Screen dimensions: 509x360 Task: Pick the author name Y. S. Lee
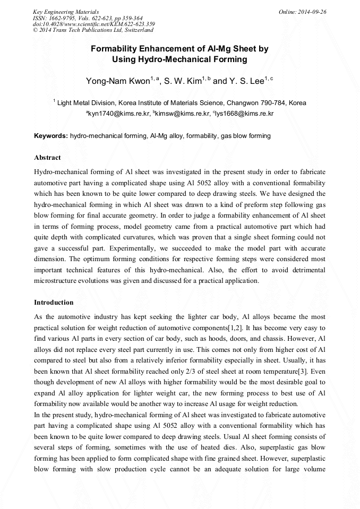pos(247,81)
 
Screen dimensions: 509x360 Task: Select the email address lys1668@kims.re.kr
pos(245,114)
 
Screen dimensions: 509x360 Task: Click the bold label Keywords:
pos(50,136)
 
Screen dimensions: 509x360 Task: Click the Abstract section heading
pos(47,158)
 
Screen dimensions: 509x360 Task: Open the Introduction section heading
pos(54,303)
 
